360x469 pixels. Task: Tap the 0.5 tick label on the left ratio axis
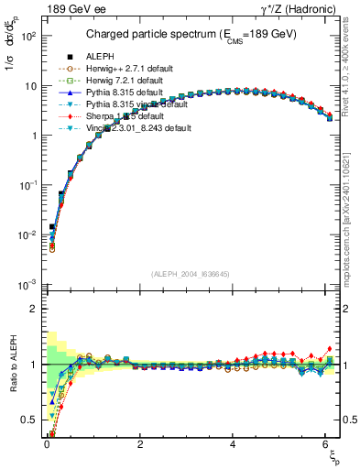(29, 420)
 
